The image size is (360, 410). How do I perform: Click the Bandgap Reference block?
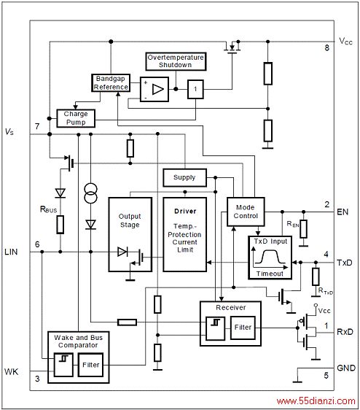click(111, 83)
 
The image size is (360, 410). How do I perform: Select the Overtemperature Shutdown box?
click(176, 61)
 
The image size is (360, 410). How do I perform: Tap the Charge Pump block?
click(76, 118)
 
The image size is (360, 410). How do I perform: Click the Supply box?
click(184, 177)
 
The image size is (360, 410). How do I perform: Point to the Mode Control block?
click(246, 212)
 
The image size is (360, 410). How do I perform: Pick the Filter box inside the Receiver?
click(243, 328)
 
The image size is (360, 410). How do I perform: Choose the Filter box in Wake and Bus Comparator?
click(90, 365)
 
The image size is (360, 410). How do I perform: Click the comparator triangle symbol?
click(158, 89)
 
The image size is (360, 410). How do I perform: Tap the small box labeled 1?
click(195, 89)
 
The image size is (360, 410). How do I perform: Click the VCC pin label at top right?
click(345, 42)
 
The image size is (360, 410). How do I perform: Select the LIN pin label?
click(11, 252)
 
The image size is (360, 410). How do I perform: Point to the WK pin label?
click(11, 371)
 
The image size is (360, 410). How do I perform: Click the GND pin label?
click(346, 368)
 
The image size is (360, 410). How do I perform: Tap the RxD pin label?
click(345, 332)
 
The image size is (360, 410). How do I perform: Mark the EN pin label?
click(343, 212)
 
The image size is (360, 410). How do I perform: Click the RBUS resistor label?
click(48, 209)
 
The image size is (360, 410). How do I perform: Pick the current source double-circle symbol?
click(90, 193)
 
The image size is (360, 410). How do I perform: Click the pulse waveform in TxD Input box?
click(270, 257)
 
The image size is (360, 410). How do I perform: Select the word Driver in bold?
click(185, 212)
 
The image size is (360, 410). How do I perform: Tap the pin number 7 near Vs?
click(37, 126)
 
